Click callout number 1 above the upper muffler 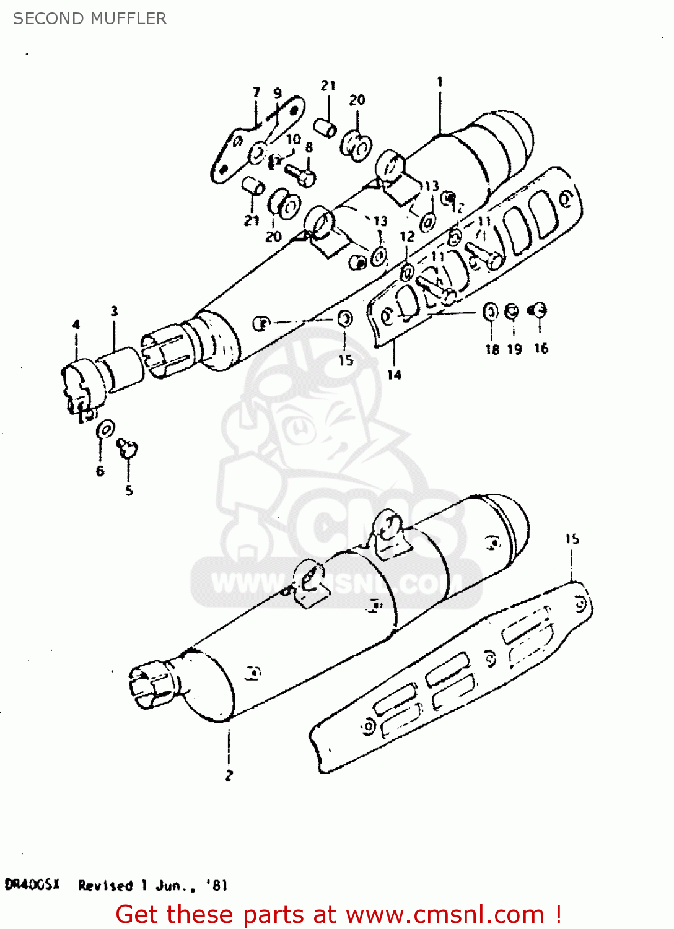440,82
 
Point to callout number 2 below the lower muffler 229,775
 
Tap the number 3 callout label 114,312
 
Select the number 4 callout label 76,325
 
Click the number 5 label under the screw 129,491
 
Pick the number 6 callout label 100,471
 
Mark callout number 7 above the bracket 256,93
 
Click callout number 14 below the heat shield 394,375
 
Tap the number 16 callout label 541,349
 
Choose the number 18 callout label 492,350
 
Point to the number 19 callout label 515,350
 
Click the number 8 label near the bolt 309,147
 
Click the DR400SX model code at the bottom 32,884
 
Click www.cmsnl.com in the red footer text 445,915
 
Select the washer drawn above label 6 105,429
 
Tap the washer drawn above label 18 490,312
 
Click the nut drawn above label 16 538,310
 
